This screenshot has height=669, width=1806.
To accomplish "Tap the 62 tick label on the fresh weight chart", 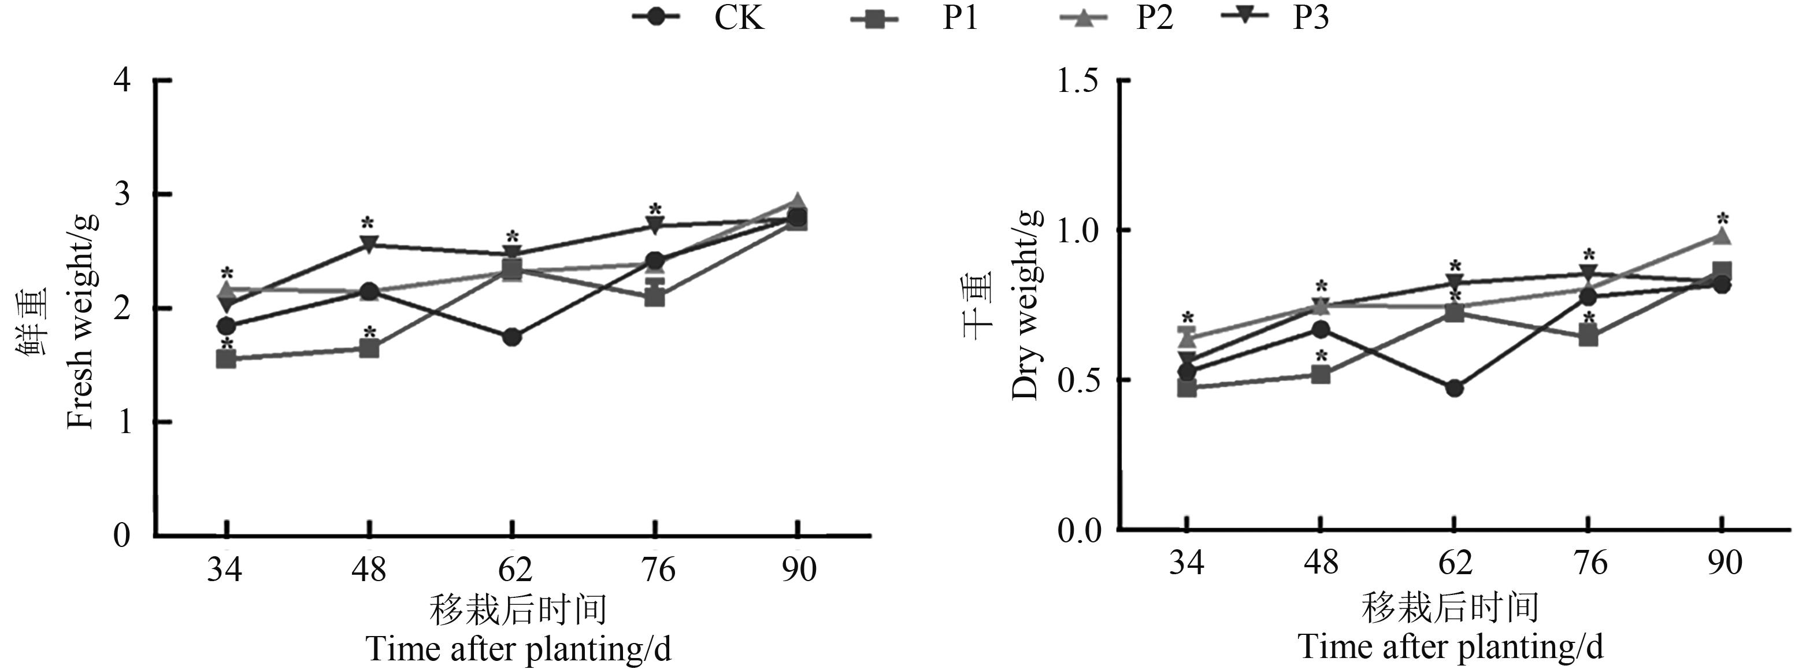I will coord(514,569).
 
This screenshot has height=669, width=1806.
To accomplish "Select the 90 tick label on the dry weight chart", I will coord(1723,563).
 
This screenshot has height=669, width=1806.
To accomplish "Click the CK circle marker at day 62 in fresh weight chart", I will coord(512,337).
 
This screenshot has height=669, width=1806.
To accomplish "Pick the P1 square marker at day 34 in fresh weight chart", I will coord(226,359).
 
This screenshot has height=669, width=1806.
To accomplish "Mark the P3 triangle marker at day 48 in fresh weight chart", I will coord(369,245).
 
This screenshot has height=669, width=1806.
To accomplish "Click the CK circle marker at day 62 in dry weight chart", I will coord(1454,388).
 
